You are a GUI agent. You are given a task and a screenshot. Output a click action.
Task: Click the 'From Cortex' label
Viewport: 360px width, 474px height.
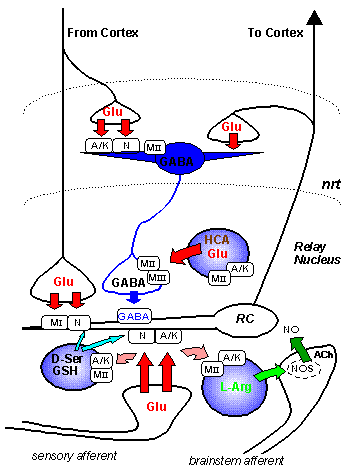[103, 33]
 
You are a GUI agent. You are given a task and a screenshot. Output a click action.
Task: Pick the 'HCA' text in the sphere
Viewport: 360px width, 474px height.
[216, 241]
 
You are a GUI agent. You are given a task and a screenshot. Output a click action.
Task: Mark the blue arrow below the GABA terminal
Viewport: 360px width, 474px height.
[135, 295]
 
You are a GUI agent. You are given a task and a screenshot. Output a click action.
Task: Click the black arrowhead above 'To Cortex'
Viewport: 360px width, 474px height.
[317, 16]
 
